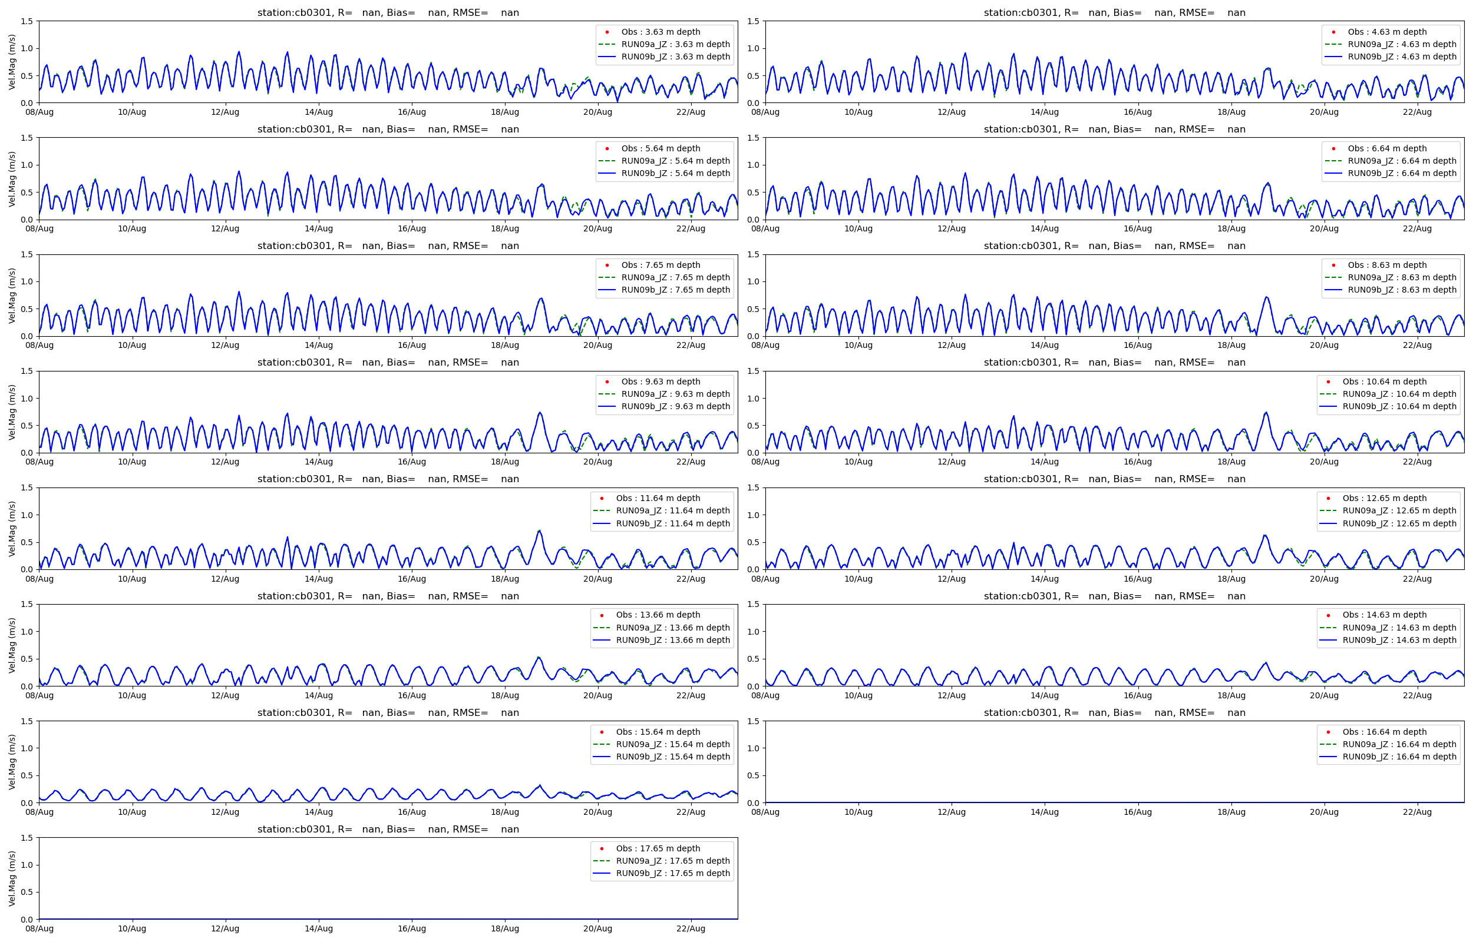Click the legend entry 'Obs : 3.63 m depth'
point(660,32)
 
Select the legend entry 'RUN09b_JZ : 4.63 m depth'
point(1401,57)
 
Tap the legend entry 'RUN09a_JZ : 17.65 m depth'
point(672,861)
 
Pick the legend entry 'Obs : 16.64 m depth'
point(1384,732)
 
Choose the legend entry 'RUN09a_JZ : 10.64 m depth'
point(1399,394)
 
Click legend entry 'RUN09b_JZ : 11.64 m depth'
point(672,523)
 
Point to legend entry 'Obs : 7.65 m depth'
point(660,265)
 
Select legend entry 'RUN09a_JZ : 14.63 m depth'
point(1399,628)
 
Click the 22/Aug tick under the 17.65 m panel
point(691,928)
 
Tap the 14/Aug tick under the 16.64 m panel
point(1045,812)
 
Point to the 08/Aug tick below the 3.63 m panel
point(39,112)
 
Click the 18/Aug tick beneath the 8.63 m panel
point(1231,345)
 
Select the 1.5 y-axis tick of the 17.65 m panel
point(27,838)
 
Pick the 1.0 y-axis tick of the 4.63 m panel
point(753,48)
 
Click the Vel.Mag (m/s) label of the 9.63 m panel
point(12,412)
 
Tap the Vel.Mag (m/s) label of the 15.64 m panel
point(12,762)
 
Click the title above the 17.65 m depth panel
point(388,830)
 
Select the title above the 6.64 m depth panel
point(1114,129)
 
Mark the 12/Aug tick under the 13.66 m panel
point(225,695)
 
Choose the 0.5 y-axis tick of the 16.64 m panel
point(753,775)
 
